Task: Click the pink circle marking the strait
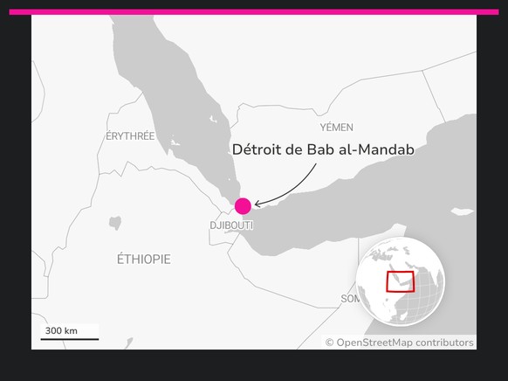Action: pyautogui.click(x=243, y=206)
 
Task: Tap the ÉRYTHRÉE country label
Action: pyautogui.click(x=130, y=136)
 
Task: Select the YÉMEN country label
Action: pyautogui.click(x=336, y=128)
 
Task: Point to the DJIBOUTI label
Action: pyautogui.click(x=231, y=225)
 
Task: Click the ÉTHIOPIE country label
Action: pyautogui.click(x=144, y=260)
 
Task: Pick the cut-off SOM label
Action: pyautogui.click(x=349, y=299)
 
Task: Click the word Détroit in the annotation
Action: pyautogui.click(x=258, y=149)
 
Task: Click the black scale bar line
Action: pyautogui.click(x=69, y=338)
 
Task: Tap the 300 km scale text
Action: pyautogui.click(x=61, y=330)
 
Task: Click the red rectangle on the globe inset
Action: pyautogui.click(x=400, y=281)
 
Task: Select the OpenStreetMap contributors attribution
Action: pyautogui.click(x=400, y=343)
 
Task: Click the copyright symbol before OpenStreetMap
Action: pyautogui.click(x=330, y=343)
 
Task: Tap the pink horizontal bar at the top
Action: pyautogui.click(x=253, y=12)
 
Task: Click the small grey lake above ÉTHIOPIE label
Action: pyautogui.click(x=115, y=223)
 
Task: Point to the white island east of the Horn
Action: pyautogui.click(x=462, y=211)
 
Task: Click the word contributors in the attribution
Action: pyautogui.click(x=444, y=343)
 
